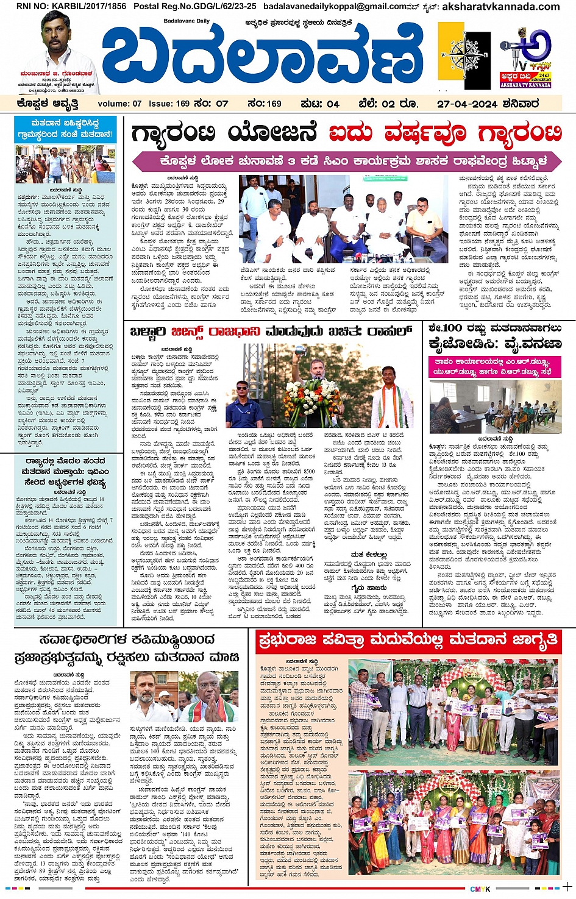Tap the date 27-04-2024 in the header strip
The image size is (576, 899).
[488, 104]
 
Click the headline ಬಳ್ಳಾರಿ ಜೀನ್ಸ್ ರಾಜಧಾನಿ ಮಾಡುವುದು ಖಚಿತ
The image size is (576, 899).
[271, 332]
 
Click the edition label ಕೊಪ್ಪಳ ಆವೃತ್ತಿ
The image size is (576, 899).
[48, 104]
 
